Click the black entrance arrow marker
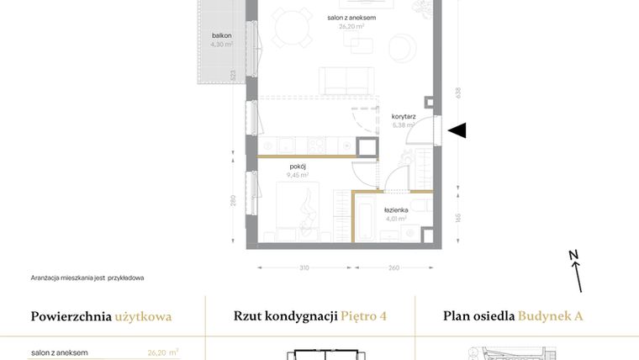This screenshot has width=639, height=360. coord(458,130)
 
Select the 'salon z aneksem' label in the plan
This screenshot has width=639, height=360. coord(351,17)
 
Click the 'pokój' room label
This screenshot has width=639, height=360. coord(297,167)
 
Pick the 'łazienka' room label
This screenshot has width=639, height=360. coord(396,210)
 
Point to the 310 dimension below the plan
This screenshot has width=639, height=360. coord(304,268)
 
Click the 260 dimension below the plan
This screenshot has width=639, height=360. coord(393,268)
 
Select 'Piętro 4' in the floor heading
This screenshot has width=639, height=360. coord(364,317)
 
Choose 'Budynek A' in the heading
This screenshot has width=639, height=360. coord(550,317)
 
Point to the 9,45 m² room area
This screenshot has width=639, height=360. coord(297,176)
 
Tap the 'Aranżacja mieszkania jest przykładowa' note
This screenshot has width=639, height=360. coord(87,277)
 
